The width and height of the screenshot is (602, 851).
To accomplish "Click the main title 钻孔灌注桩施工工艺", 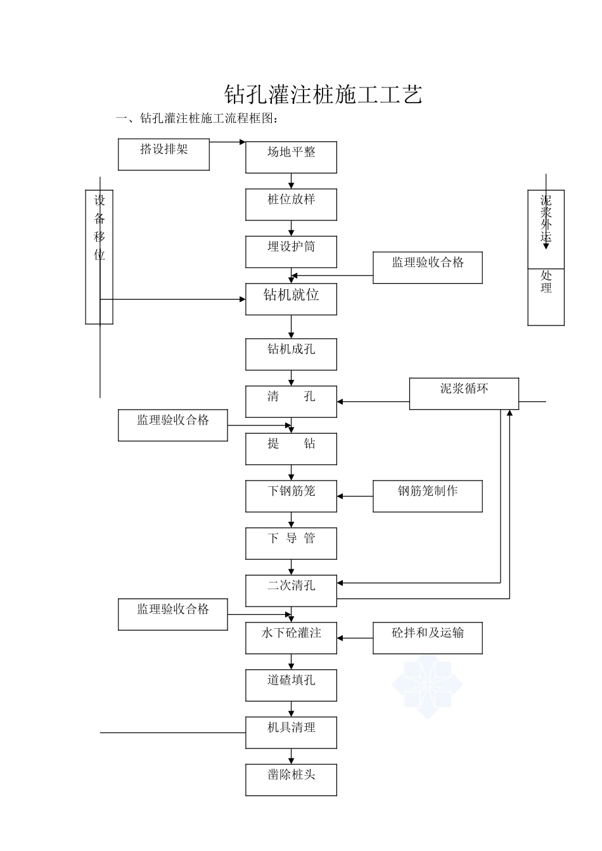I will [x=323, y=94].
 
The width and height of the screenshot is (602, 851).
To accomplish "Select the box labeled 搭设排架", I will [x=163, y=154].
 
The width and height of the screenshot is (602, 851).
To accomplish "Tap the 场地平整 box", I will [x=291, y=157].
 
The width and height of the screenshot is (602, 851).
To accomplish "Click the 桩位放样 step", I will [x=291, y=205].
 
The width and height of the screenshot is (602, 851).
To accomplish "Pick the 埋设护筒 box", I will [x=291, y=251].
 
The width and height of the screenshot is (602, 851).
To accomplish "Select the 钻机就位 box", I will [x=291, y=299].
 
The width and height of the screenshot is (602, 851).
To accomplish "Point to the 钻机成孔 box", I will [x=291, y=354].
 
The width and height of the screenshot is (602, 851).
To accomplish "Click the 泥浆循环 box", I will [x=464, y=394].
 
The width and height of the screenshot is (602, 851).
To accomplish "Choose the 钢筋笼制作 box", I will [x=427, y=496].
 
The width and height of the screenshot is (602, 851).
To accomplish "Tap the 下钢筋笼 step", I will [x=291, y=496].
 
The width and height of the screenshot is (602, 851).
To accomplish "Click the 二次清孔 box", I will [x=291, y=590].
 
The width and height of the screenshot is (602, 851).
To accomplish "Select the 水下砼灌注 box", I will [x=291, y=638].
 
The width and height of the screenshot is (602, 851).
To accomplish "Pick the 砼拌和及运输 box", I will [x=427, y=638].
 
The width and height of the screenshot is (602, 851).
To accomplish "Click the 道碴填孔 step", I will [x=291, y=685].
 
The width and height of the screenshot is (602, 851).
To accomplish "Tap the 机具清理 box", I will [x=291, y=732].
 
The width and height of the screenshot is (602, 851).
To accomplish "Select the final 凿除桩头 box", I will [x=291, y=779].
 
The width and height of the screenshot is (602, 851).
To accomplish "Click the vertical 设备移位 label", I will [x=99, y=229].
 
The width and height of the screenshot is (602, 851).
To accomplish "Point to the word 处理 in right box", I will [x=546, y=282].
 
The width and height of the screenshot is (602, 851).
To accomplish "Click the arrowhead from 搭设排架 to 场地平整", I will [x=243, y=142].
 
